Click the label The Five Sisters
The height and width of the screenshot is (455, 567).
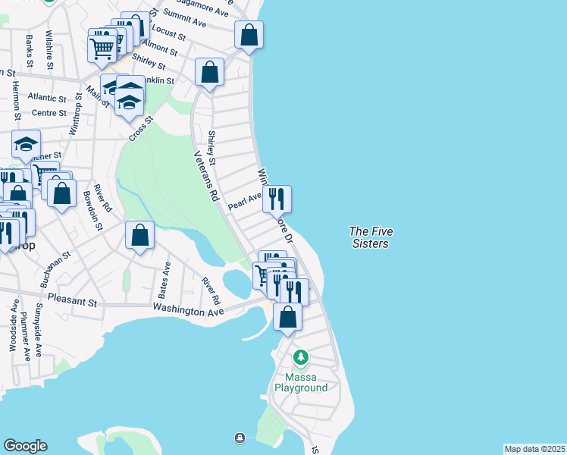pyautogui.click(x=370, y=237)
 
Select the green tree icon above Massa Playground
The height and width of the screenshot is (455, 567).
pyautogui.click(x=301, y=356)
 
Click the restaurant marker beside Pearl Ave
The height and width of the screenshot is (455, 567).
pyautogui.click(x=277, y=199)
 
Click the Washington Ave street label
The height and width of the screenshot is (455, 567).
pyautogui.click(x=188, y=310)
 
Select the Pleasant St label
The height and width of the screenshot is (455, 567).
pyautogui.click(x=73, y=301)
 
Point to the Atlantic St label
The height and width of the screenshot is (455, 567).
pyautogui.click(x=47, y=98)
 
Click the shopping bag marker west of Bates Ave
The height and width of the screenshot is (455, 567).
pyautogui.click(x=140, y=234)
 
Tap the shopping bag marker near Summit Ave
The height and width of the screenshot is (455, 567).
pyautogui.click(x=249, y=34)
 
